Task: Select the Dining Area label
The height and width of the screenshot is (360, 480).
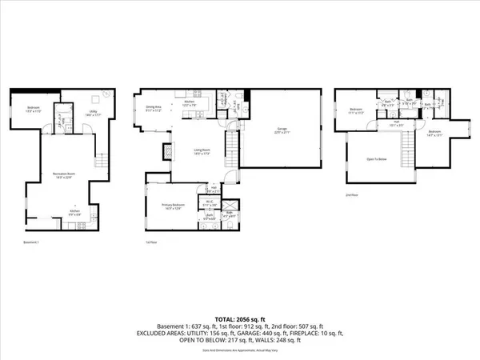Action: click(154, 106)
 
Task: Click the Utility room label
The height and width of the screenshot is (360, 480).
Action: click(94, 113)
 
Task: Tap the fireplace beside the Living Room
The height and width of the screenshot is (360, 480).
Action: click(167, 151)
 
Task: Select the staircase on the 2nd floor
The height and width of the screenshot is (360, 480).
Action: click(408, 149)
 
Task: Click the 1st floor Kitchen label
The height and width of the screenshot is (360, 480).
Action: click(190, 102)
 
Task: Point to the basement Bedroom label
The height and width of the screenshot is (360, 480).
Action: click(32, 110)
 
